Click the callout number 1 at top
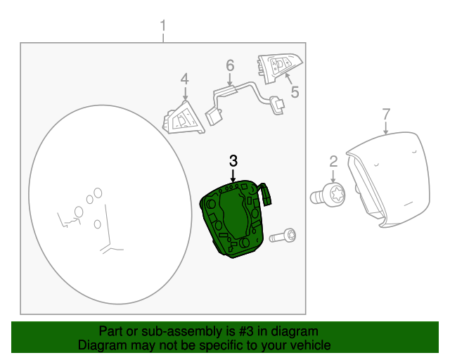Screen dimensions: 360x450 163,27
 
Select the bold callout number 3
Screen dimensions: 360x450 233,161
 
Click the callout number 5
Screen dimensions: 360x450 295,91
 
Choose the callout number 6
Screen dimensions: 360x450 229,66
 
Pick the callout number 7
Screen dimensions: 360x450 385,114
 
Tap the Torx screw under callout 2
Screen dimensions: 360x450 331,193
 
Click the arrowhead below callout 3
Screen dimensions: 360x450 233,179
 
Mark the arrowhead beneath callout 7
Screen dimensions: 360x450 386,131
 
